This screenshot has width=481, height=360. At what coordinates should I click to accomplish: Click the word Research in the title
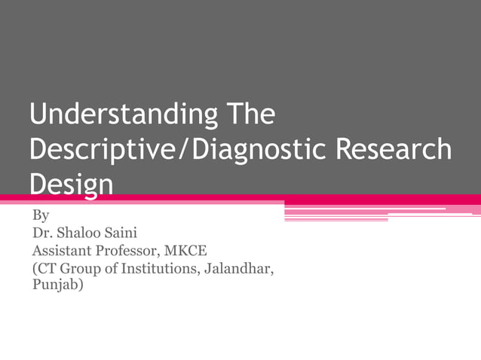point(394,149)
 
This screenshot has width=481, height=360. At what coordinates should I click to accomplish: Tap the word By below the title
point(41,216)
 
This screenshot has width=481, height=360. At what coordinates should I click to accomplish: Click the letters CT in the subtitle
point(47,269)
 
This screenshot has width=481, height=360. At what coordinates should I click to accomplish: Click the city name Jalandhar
point(240,269)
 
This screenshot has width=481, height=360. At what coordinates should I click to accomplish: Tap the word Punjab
point(54,286)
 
